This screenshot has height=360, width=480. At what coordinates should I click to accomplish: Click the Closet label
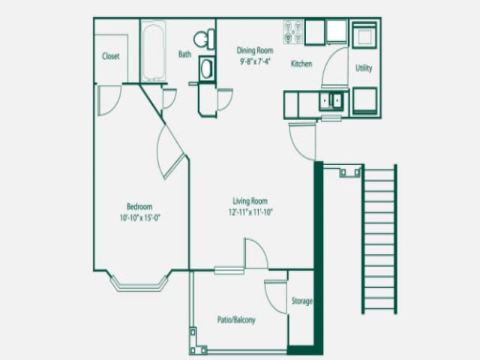point(111,56)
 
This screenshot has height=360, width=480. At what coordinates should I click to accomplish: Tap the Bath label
point(184,54)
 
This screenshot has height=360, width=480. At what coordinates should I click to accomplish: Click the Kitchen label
point(301,64)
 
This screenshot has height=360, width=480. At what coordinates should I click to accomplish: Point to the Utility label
point(364,68)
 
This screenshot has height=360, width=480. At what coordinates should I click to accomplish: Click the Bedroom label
point(139,207)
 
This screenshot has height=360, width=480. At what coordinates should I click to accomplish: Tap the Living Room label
point(250,201)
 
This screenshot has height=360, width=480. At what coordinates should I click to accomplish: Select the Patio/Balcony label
point(235,319)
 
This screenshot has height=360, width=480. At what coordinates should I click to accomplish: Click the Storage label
point(301,301)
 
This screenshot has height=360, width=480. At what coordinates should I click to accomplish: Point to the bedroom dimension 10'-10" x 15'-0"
point(139,218)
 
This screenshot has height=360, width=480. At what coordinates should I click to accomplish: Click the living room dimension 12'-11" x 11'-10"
point(250,212)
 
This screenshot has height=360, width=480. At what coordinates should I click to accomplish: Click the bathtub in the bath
point(156,51)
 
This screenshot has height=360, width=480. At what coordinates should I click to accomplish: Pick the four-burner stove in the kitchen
point(292,31)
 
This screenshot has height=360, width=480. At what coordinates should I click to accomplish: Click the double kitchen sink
point(331,100)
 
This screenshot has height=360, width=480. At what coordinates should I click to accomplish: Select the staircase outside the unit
point(379,238)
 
